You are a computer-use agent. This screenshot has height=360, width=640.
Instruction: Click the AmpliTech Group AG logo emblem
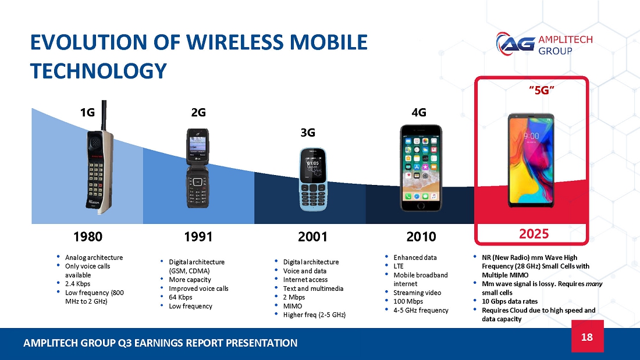coord(515,44)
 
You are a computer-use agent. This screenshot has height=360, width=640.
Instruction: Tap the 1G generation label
coord(87,112)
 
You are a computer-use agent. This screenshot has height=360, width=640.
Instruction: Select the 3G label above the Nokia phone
coord(308,133)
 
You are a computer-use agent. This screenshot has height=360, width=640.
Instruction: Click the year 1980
coord(88,236)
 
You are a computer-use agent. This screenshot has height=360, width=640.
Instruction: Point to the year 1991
coord(198,236)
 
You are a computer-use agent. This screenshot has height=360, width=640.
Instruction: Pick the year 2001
coord(312,236)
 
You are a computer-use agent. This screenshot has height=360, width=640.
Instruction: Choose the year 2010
coord(421,236)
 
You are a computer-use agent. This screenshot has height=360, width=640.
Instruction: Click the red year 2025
coord(534,234)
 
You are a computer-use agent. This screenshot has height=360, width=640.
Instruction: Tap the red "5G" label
coord(542,90)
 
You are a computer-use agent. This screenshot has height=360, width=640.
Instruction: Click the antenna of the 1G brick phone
coord(104,116)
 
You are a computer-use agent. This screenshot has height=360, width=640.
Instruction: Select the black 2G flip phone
coord(198,169)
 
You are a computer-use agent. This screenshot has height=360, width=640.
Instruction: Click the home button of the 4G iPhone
coord(421,205)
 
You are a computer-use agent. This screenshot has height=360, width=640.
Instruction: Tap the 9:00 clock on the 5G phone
coord(531,136)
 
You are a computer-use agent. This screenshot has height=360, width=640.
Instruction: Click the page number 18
coord(587,337)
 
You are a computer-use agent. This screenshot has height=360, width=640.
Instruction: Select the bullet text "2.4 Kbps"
coord(77,284)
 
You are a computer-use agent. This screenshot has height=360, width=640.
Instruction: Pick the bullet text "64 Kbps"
coord(180,297)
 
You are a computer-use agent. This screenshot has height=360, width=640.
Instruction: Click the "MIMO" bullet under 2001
coord(293,306)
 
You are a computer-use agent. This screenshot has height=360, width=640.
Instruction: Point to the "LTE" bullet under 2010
coord(399,266)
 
